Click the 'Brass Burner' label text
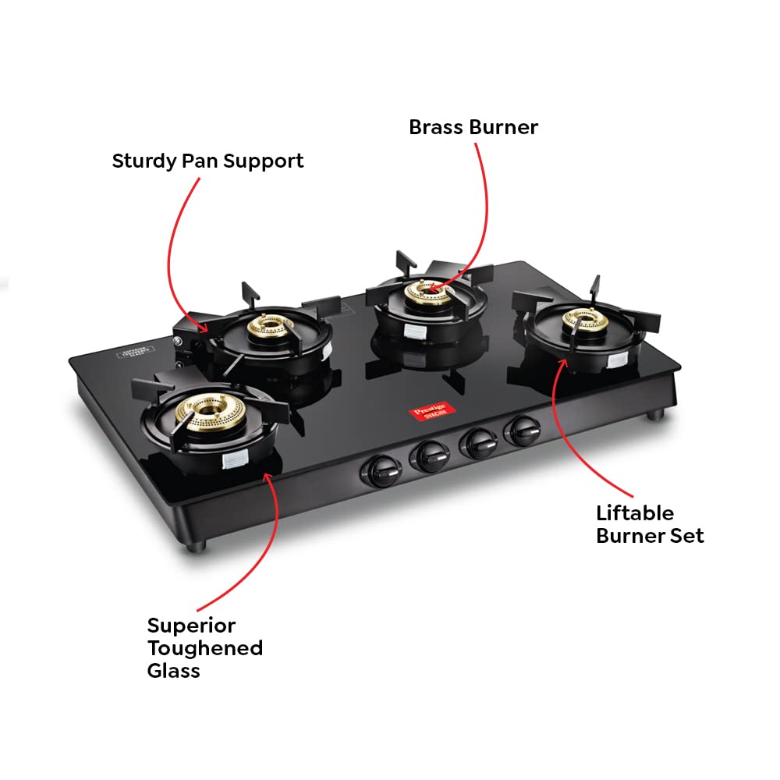point(473,127)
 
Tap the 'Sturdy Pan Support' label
point(207,161)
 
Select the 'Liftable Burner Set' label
point(650,524)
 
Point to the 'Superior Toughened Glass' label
point(204,647)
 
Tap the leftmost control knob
point(381,470)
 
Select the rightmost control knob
point(520,431)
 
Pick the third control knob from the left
point(477,442)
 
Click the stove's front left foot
point(198,541)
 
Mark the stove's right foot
point(654,412)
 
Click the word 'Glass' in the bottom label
point(173,670)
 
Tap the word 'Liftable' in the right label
point(635,513)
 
